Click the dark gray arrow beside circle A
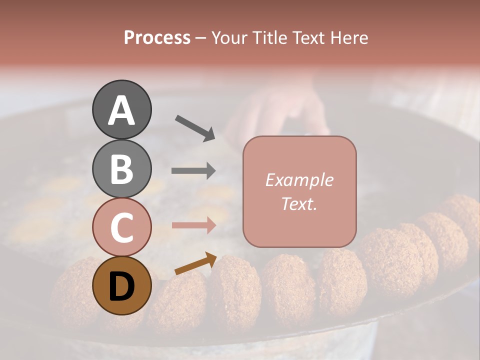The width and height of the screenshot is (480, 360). click(195, 128)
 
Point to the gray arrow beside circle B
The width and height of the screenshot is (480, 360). click(193, 171)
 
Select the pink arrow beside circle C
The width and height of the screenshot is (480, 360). click(193, 225)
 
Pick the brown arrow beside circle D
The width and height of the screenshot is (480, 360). click(195, 264)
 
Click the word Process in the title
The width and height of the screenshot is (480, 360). click(157, 38)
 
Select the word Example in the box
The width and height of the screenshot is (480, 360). click(299, 180)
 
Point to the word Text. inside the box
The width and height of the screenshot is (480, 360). click(299, 203)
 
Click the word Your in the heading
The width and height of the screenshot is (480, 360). click(230, 38)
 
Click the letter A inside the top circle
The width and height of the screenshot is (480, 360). click(121, 110)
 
